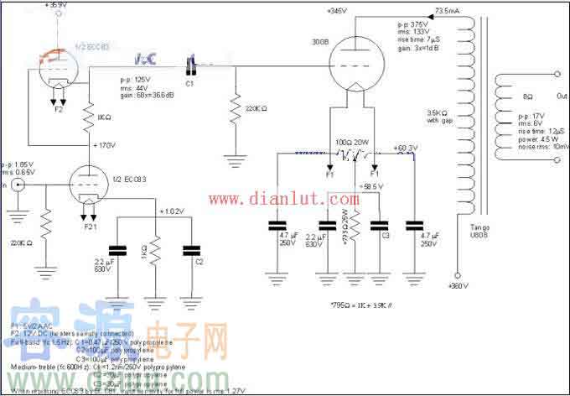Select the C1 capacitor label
pyautogui.click(x=189, y=83)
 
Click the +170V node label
pyautogui.click(x=107, y=144)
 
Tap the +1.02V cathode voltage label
pyautogui.click(x=172, y=211)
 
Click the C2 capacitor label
pyautogui.click(x=199, y=262)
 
